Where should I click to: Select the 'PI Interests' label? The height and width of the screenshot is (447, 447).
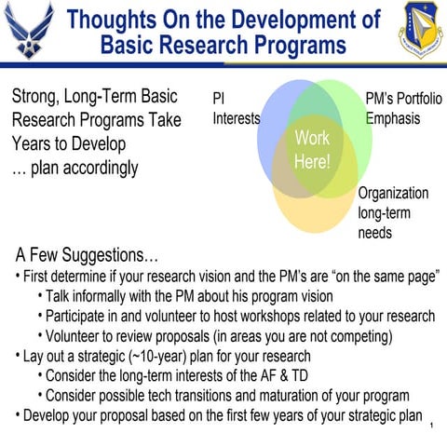[x=236, y=108]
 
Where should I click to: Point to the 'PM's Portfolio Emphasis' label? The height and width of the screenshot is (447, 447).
[x=402, y=108]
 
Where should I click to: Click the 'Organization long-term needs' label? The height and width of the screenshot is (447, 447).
[x=393, y=212]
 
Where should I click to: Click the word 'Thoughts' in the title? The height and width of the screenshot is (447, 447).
[x=117, y=20]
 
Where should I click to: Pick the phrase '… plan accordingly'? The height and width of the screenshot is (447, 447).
[x=74, y=169]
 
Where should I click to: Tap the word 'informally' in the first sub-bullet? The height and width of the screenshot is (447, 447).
[x=107, y=296]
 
